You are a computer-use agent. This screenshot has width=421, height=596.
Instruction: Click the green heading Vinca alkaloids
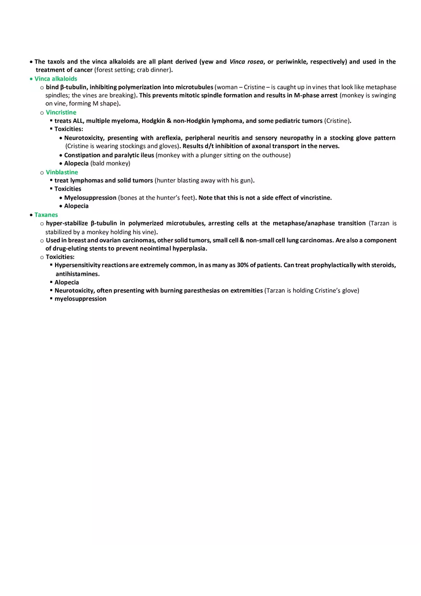(55, 79)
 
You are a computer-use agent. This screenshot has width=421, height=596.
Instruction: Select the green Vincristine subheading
(61, 112)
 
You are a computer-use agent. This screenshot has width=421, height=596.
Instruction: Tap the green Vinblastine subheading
(62, 172)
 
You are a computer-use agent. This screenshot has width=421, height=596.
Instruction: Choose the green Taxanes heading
(46, 215)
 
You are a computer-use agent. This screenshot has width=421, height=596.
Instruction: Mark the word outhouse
(276, 155)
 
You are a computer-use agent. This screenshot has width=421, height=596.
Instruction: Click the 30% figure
(236, 265)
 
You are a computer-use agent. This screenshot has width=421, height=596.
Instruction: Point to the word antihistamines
(77, 274)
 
